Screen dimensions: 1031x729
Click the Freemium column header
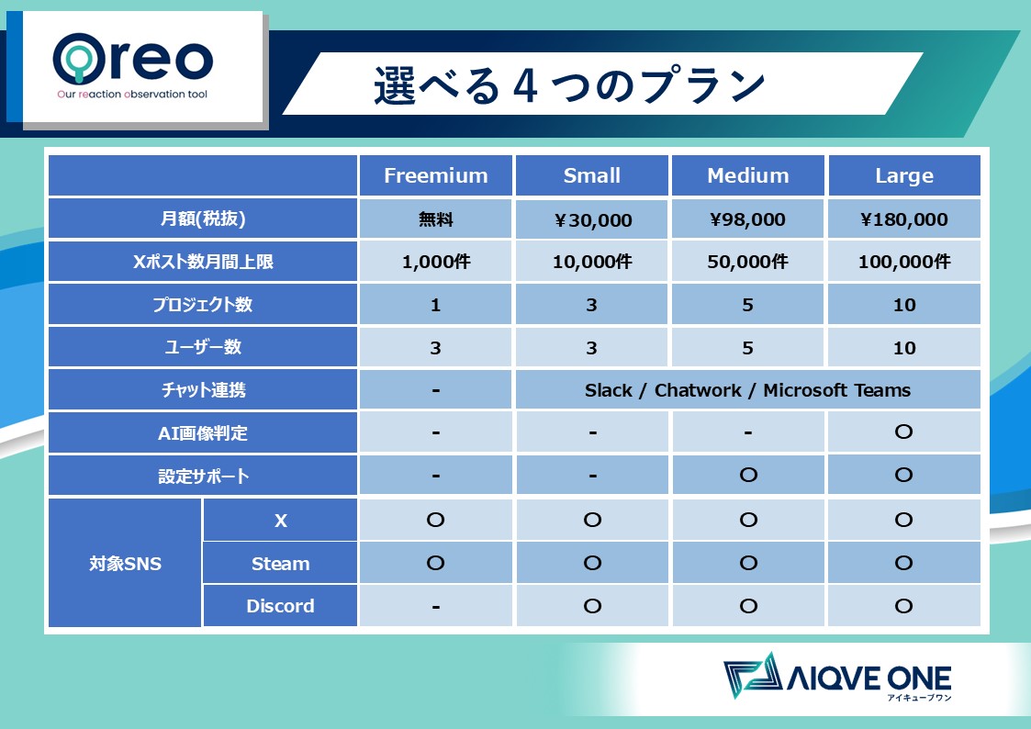click(x=435, y=175)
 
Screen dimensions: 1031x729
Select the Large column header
click(x=904, y=175)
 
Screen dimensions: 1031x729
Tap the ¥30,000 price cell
click(x=592, y=219)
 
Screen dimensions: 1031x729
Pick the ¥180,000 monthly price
click(x=904, y=219)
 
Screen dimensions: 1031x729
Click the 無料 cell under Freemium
click(x=435, y=219)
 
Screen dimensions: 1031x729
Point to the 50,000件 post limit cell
click(x=747, y=262)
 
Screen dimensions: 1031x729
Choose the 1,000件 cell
click(x=435, y=262)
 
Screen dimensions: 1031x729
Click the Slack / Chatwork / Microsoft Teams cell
click(x=747, y=390)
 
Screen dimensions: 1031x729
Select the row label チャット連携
click(x=203, y=390)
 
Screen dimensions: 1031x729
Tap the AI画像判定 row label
click(x=203, y=433)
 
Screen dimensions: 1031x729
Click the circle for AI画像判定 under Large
click(x=904, y=432)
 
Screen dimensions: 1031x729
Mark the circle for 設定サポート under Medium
click(x=748, y=475)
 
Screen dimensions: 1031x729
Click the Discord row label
click(x=280, y=605)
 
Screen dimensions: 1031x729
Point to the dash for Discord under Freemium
click(x=435, y=607)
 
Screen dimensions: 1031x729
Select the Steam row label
click(x=280, y=564)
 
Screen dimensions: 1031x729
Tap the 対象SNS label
click(x=125, y=564)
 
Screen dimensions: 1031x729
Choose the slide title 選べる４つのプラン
click(x=569, y=84)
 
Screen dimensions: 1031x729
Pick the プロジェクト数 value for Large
click(x=904, y=305)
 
